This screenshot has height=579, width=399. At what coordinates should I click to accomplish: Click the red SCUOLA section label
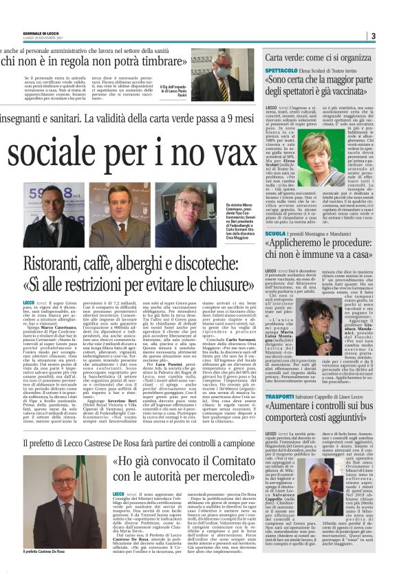coord(275,234)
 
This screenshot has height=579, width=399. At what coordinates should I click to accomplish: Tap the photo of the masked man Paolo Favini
coord(222,75)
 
